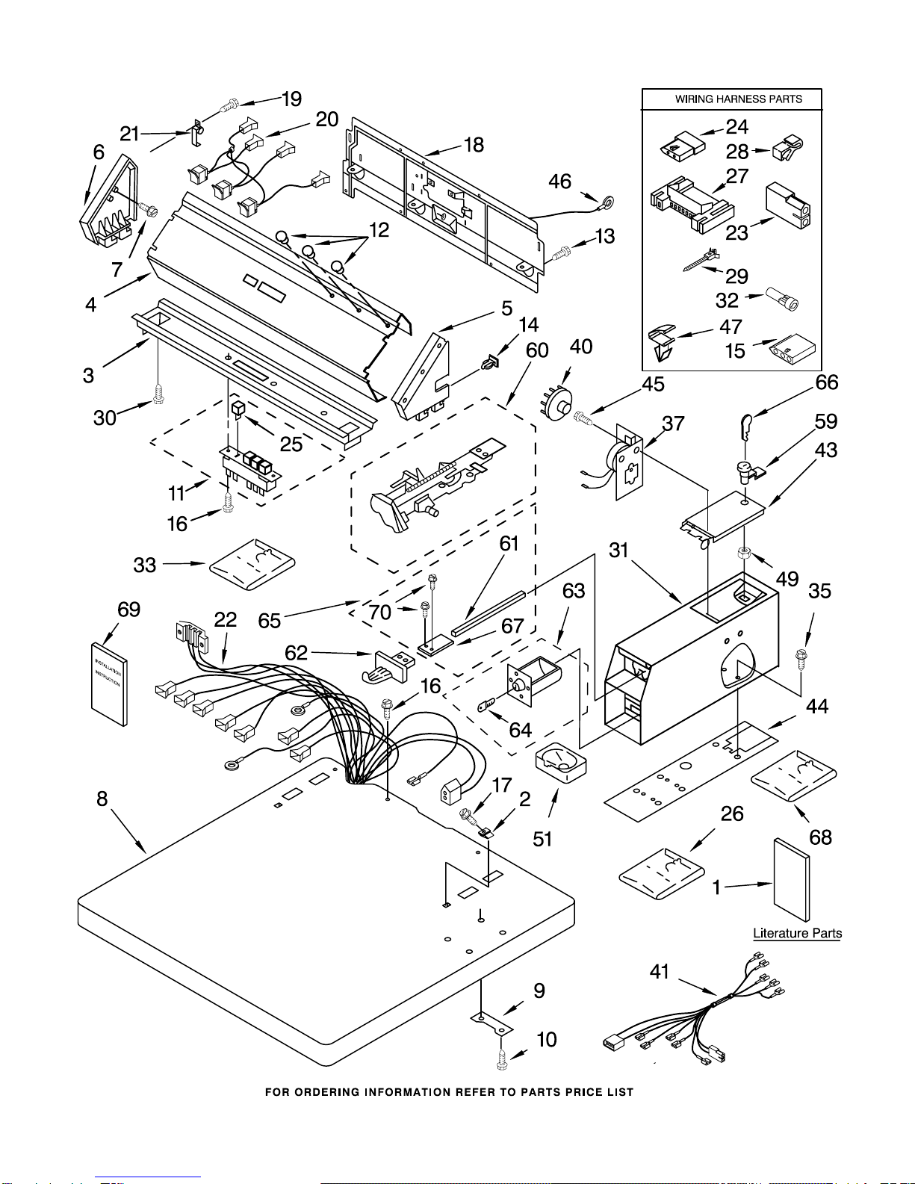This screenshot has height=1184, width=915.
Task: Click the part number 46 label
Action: tap(559, 182)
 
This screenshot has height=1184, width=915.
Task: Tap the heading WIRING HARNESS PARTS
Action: tap(739, 99)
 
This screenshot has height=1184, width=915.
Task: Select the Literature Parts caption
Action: tap(798, 933)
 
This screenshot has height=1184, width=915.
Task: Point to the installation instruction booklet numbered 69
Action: tap(109, 684)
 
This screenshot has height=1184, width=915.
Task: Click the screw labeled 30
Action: tap(158, 394)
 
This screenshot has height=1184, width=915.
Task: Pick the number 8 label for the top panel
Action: tap(102, 799)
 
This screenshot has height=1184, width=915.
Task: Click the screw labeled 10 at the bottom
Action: tap(502, 1059)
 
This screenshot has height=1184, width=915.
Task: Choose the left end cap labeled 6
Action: tap(108, 199)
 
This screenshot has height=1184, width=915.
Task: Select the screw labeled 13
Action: tap(561, 253)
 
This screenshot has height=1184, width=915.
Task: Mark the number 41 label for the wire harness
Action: tap(660, 972)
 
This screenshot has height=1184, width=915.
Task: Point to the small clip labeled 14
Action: tap(490, 363)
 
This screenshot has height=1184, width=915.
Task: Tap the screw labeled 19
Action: tap(230, 106)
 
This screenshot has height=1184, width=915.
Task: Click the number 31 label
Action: tap(618, 551)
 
